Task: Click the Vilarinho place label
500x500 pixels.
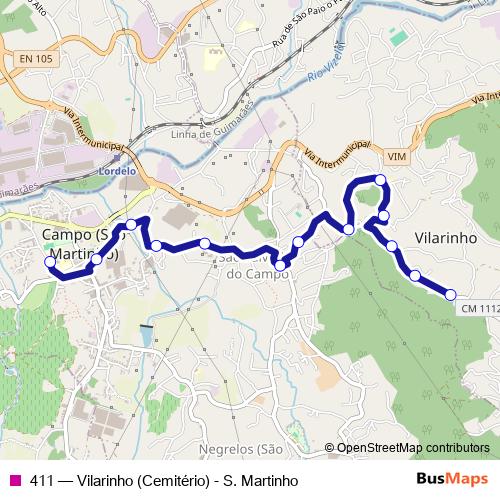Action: pyautogui.click(x=442, y=241)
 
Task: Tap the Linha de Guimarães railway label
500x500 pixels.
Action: pyautogui.click(x=210, y=133)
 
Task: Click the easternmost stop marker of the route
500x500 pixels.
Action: pyautogui.click(x=450, y=294)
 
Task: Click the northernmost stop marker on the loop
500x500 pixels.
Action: pyautogui.click(x=380, y=180)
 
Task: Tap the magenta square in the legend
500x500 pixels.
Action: pyautogui.click(x=14, y=481)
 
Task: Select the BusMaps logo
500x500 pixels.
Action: pyautogui.click(x=451, y=480)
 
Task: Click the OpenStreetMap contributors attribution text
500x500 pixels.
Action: pyautogui.click(x=413, y=448)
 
